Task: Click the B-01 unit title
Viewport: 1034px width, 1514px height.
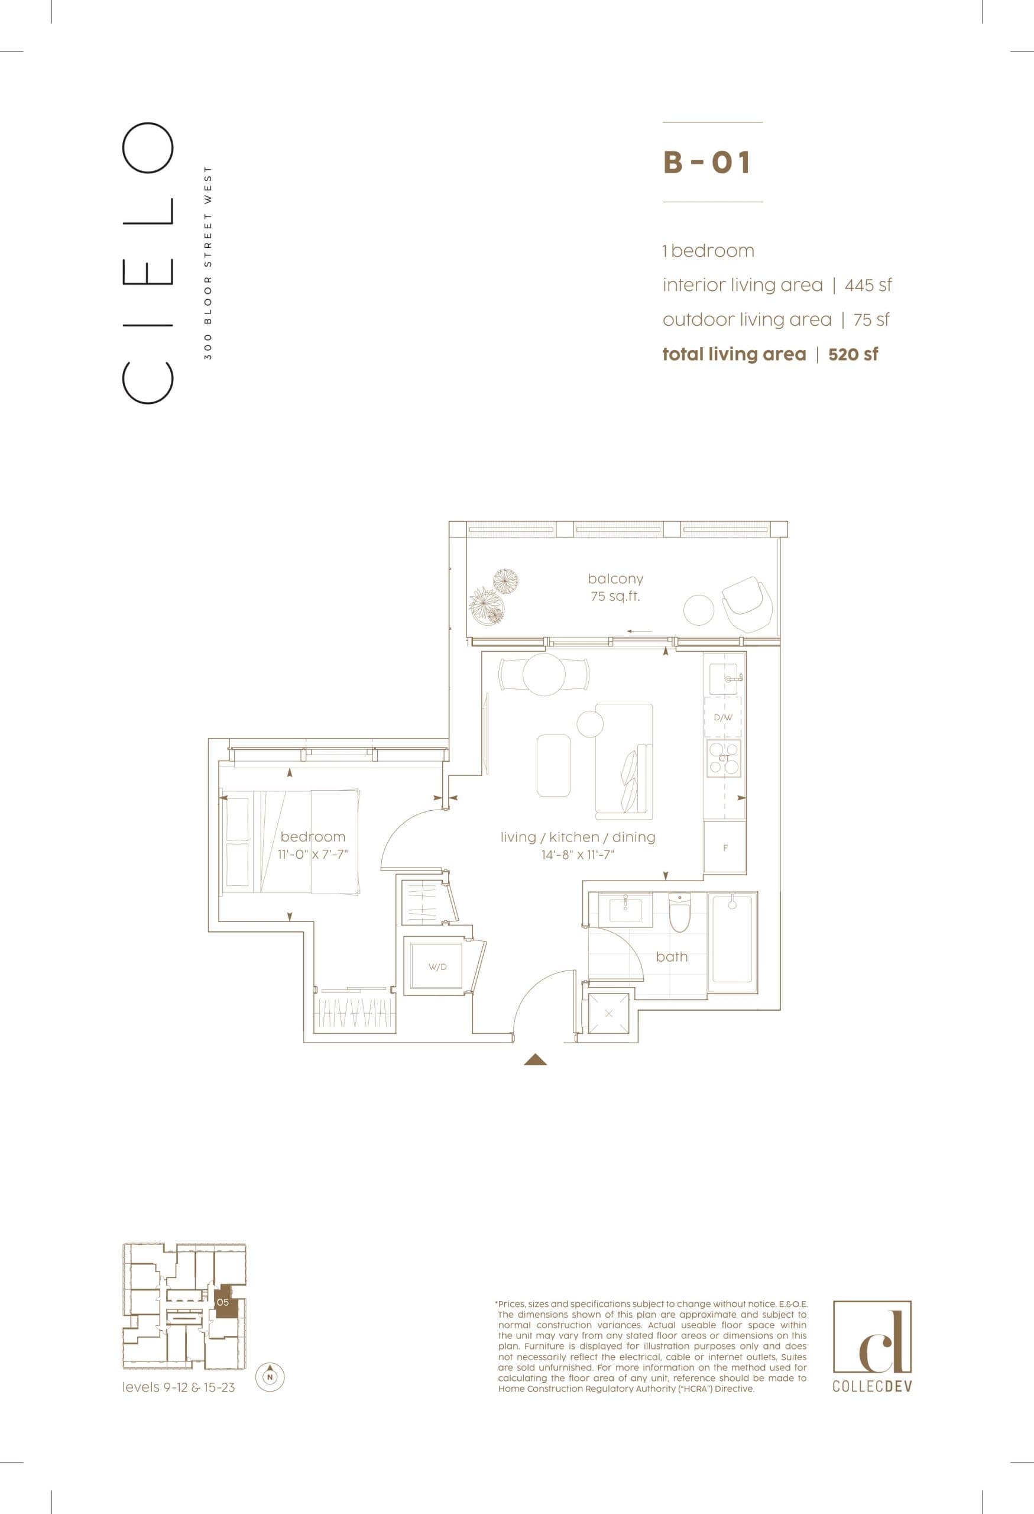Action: [707, 162]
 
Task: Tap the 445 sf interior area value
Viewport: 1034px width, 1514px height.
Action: [868, 285]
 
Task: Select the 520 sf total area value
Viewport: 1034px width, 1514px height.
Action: [853, 354]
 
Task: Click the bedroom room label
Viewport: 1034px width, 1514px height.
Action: [313, 836]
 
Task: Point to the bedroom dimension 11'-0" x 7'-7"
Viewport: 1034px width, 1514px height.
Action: [313, 855]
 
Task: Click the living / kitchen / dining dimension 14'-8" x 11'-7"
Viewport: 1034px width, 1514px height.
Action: [578, 855]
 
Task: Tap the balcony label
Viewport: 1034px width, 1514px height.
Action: [615, 578]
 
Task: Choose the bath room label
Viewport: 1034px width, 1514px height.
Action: [672, 956]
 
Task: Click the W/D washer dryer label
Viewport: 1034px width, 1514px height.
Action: [437, 967]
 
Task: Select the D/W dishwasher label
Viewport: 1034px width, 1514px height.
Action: [723, 718]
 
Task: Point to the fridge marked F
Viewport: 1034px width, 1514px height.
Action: [725, 848]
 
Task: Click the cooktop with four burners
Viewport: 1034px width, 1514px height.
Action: [724, 758]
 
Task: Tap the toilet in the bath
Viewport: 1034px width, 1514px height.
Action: [679, 911]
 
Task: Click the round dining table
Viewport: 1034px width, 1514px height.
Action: [544, 675]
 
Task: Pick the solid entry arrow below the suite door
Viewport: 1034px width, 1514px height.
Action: [535, 1060]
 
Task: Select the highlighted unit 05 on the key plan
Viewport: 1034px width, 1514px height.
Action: [224, 1303]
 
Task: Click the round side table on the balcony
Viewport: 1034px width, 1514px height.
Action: [699, 610]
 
